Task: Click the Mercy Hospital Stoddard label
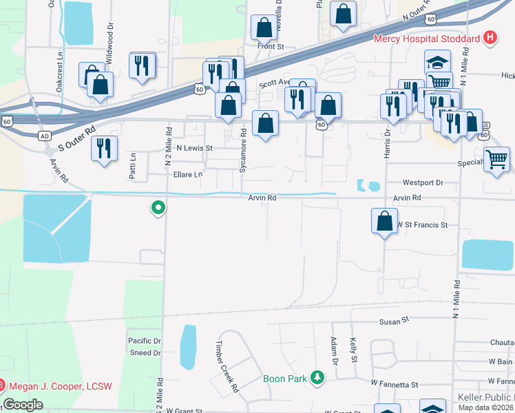pos(427,39)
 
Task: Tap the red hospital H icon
pos(490,37)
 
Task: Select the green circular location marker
pos(158,206)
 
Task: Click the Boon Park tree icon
pos(317,377)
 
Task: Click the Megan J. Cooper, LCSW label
pos(61,386)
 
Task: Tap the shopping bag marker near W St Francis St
pos(384,222)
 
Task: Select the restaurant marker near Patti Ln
pos(104,149)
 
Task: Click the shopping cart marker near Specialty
pos(496,160)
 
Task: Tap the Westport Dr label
pos(423,183)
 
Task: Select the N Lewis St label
pos(195,148)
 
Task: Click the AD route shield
pos(45,136)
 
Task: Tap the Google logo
pos(23,404)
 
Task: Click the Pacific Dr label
pos(144,341)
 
